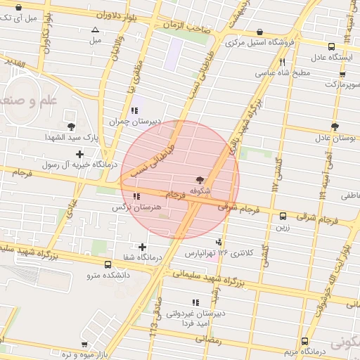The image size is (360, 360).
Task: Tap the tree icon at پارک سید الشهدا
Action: coord(71,127)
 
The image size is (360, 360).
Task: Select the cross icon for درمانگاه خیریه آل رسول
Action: coord(79,154)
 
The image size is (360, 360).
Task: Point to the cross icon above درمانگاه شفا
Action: coord(143,247)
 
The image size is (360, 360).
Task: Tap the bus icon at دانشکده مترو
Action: coord(108,265)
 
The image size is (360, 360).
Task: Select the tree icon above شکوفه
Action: coord(200,181)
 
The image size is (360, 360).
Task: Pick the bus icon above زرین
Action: coord(283,217)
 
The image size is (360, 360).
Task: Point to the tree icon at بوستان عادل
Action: coord(334,127)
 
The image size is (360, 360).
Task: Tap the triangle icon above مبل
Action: coord(96,30)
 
